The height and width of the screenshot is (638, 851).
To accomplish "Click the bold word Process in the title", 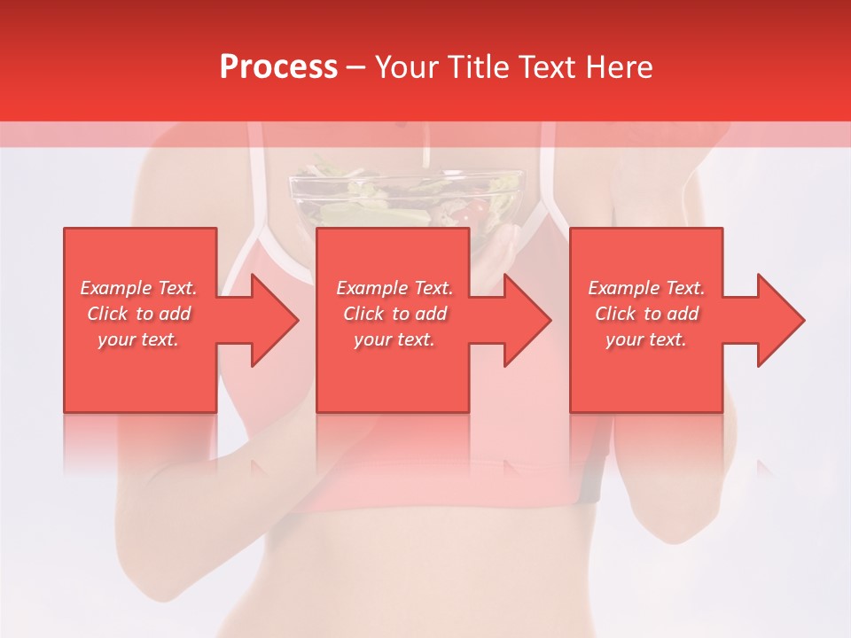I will (278, 67).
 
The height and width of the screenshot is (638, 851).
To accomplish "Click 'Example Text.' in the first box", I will (138, 288).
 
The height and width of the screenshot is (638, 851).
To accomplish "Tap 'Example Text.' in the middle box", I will (394, 288).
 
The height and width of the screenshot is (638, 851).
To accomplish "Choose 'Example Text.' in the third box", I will (646, 288).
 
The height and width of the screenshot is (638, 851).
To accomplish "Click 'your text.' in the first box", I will (138, 339).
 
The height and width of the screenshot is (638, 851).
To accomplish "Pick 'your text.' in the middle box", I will (394, 339).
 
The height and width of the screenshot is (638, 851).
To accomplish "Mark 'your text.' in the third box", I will (646, 339).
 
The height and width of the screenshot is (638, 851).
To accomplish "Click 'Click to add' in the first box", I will (138, 314).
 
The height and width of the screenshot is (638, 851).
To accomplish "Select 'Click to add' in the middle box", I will (394, 314).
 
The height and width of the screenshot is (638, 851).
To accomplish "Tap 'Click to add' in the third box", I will (646, 314).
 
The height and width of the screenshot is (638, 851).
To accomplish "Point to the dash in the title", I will (356, 68).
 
